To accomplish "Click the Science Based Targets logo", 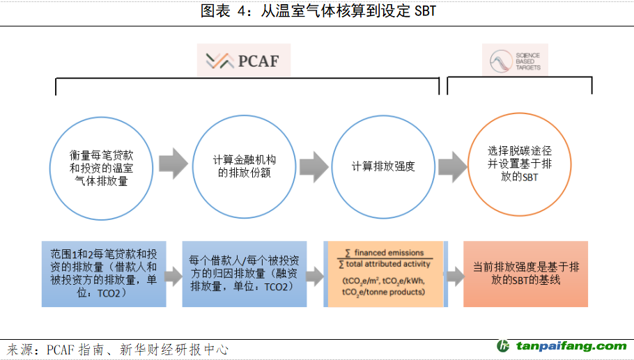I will [516, 61].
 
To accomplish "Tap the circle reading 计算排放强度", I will [383, 166].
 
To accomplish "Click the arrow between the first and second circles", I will [173, 164].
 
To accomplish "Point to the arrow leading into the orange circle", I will [453, 165].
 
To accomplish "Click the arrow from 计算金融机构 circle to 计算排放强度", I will [314, 165].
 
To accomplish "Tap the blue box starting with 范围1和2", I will [104, 274].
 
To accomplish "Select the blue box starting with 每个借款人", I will [245, 274].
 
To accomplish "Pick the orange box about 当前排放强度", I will [525, 274].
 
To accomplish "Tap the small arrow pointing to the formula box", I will [315, 276].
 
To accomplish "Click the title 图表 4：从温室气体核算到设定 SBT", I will [317, 12].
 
